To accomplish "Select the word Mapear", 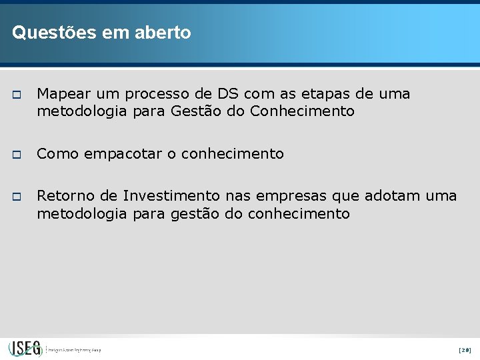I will click(x=65, y=94).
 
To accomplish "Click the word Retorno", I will click(x=65, y=196).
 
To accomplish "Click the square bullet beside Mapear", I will click(x=17, y=95).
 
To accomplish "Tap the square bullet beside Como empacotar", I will click(x=17, y=155).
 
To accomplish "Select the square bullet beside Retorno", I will click(x=17, y=197).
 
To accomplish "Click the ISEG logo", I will click(x=25, y=349).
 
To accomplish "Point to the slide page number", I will click(x=465, y=349).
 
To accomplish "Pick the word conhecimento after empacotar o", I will click(x=233, y=154).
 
